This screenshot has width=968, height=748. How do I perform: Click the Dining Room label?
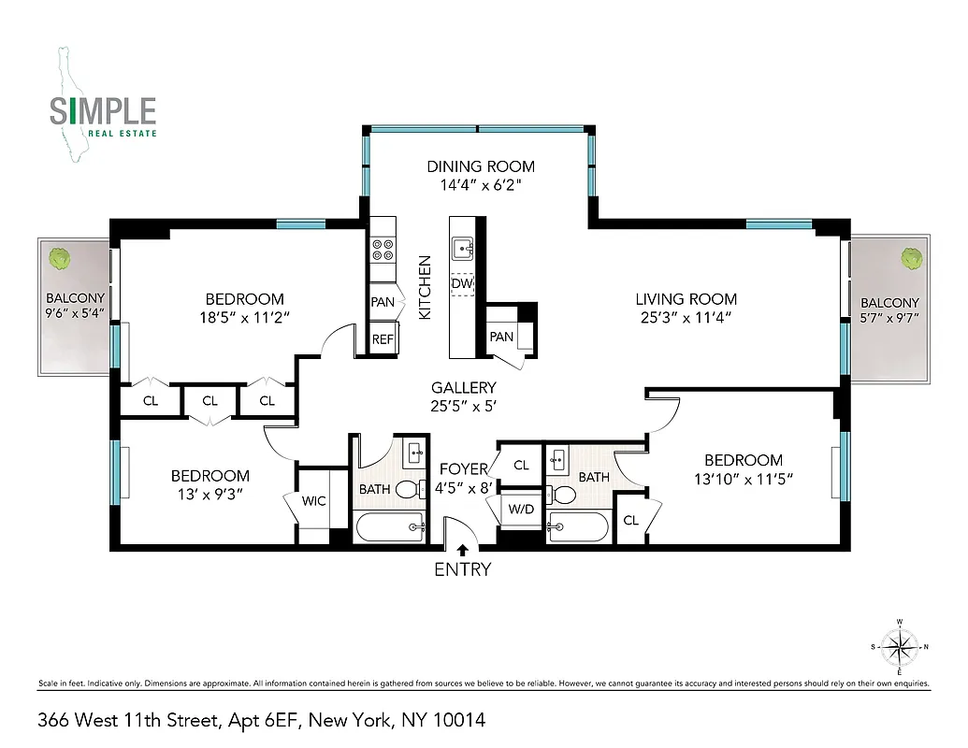point(481,166)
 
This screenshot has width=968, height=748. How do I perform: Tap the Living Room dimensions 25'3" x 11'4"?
point(686,318)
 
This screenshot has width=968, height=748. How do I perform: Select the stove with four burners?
point(383,250)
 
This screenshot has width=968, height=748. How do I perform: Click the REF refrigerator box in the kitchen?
point(383,339)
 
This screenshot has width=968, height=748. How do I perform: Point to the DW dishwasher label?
point(462,283)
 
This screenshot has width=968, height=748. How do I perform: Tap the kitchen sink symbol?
point(463,248)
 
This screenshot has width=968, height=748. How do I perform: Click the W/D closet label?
point(520,510)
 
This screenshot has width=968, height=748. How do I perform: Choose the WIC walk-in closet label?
point(314,501)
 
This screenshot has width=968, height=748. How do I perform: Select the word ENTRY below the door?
point(462,569)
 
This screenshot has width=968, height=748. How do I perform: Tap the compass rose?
point(899,646)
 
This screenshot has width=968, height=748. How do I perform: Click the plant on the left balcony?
point(63,257)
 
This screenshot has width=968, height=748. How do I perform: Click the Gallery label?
point(463,387)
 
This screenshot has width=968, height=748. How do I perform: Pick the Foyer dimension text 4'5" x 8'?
point(465,487)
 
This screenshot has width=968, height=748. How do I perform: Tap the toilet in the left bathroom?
point(408,488)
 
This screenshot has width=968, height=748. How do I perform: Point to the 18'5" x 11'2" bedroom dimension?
point(244,318)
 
